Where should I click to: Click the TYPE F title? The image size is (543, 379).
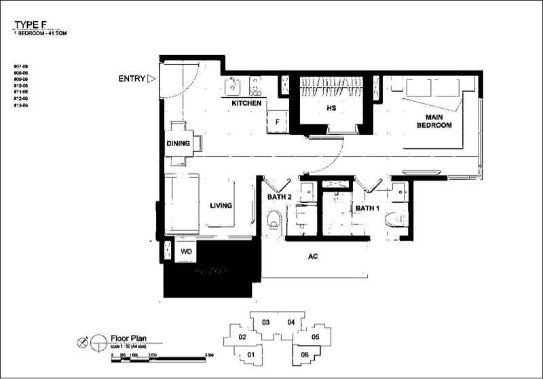coord(33,25)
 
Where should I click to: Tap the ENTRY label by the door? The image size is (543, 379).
coord(132,79)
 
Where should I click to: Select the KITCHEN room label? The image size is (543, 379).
coord(246,103)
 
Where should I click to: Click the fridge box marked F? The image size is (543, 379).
coord(278,122)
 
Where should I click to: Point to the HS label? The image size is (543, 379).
coord(332,108)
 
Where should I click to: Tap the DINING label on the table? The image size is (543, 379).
coord(178,143)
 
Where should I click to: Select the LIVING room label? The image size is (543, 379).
coord(221,205)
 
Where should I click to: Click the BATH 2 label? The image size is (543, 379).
coord(278,197)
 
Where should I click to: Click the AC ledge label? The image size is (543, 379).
coord(313,257)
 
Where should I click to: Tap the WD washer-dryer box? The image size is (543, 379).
coord(185,251)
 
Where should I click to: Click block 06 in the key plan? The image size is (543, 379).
coord(305,354)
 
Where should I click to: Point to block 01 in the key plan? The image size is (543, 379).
coord(250,355)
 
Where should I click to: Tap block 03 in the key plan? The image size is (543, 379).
coord(267,321)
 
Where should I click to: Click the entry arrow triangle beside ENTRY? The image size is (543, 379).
coord(151,79)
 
